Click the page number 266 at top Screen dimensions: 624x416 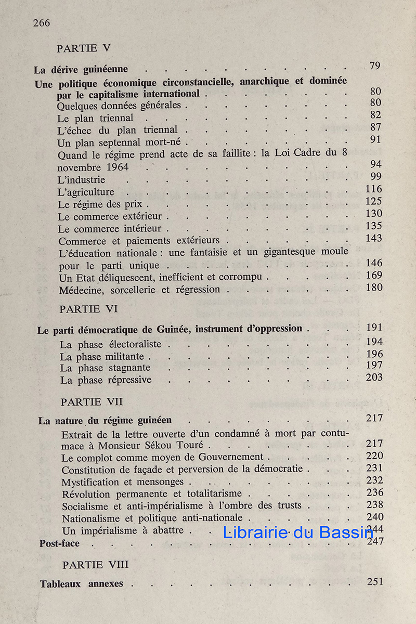[42, 23]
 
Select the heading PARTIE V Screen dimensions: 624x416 [84, 48]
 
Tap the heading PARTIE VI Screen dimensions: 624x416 [88, 309]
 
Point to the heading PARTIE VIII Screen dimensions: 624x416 [96, 565]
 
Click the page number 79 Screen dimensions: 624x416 [375, 66]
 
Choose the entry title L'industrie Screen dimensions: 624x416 [82, 180]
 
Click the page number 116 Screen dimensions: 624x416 [373, 189]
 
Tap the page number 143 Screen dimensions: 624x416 [373, 239]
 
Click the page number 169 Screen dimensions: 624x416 [373, 276]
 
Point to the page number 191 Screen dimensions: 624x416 [374, 328]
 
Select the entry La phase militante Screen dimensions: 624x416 [102, 357]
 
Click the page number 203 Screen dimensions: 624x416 [374, 378]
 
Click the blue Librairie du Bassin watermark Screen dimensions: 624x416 [298, 532]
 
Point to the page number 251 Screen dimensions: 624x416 [374, 581]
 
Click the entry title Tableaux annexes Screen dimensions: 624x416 [82, 583]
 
